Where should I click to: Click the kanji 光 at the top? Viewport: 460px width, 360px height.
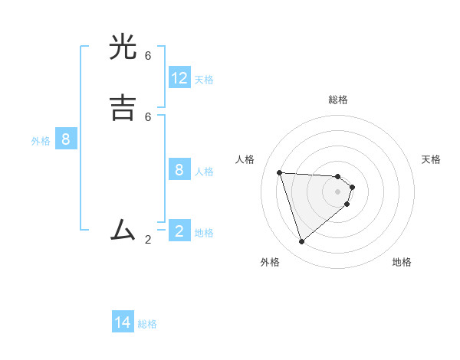tap(124, 48)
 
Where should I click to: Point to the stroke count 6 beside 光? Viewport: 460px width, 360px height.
tap(148, 56)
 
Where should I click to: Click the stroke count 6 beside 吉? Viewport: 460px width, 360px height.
tap(148, 116)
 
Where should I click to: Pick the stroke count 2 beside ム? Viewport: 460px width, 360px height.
tap(148, 240)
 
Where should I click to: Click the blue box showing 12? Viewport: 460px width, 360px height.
tap(179, 78)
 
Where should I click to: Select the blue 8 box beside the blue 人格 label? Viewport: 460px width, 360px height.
tap(179, 169)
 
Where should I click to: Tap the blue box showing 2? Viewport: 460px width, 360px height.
tap(179, 231)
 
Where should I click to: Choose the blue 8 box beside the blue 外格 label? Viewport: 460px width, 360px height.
tap(66, 139)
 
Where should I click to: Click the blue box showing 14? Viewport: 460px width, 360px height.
tap(123, 322)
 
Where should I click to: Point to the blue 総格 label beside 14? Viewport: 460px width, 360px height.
tap(147, 324)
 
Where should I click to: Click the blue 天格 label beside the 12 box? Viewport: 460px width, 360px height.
tap(204, 80)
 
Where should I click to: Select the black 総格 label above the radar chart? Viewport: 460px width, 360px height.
tap(338, 100)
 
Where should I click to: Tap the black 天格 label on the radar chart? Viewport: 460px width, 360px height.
tap(431, 159)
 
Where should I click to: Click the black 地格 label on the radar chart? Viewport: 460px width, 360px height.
tap(402, 262)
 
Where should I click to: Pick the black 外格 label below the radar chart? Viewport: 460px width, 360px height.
tap(270, 262)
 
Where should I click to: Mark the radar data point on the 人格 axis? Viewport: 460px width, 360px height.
tap(280, 172)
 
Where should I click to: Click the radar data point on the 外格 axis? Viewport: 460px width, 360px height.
tap(301, 242)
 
